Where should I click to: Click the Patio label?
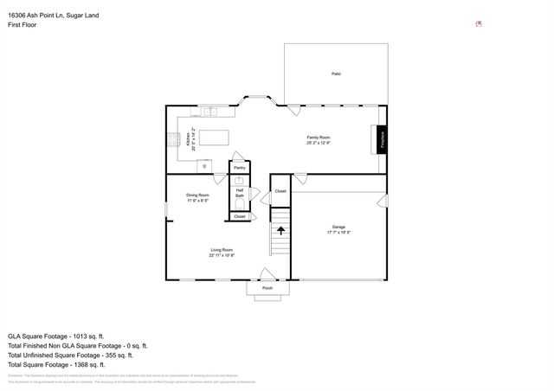[336, 74]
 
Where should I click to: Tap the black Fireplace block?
[381, 140]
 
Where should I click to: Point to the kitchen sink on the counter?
[210, 111]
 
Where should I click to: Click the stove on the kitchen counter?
[172, 139]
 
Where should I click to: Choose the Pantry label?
[239, 168]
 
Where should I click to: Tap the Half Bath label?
[240, 193]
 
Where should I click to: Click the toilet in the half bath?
[240, 204]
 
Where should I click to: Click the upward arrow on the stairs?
[280, 230]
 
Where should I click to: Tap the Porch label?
[267, 288]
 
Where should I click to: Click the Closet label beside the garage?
[280, 190]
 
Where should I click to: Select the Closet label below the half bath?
[240, 216]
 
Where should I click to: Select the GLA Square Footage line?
[55, 336]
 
